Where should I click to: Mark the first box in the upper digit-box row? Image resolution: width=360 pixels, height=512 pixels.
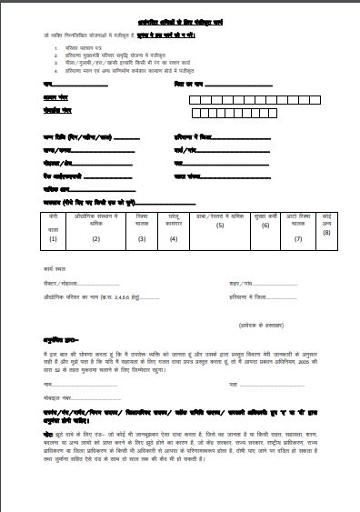click(x=196, y=95)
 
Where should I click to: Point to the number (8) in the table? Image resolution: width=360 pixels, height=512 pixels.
click(x=327, y=232)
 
